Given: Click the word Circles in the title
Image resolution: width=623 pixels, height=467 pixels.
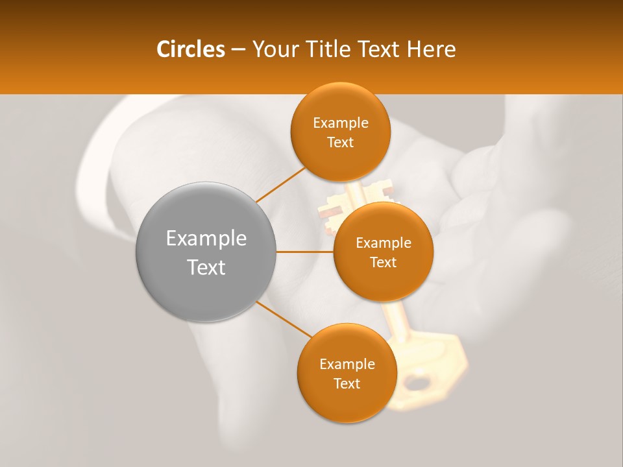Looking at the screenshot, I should pyautogui.click(x=190, y=49).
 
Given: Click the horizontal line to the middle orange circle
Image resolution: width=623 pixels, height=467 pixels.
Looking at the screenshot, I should pyautogui.click(x=304, y=252).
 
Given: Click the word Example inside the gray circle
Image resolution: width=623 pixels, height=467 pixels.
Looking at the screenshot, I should pyautogui.click(x=206, y=238).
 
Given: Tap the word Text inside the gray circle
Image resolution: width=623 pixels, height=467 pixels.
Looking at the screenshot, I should pyautogui.click(x=206, y=267).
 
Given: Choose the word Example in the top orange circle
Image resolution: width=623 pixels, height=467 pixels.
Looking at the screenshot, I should pyautogui.click(x=340, y=123).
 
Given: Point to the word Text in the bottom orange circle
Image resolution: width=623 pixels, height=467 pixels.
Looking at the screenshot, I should pyautogui.click(x=347, y=383).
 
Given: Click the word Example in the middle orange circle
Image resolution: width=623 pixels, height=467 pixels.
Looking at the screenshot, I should pyautogui.click(x=383, y=243).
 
